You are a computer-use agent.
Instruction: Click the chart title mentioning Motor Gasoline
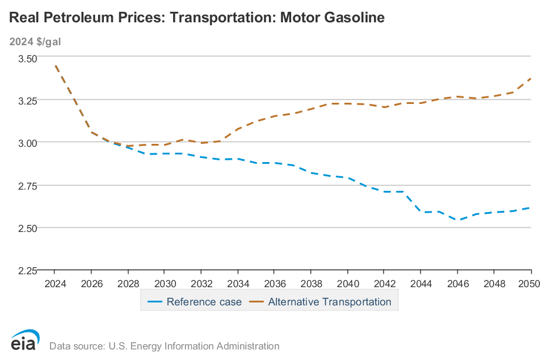(197, 18)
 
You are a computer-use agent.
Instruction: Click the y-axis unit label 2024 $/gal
(35, 42)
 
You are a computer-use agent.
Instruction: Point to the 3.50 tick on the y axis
(27, 58)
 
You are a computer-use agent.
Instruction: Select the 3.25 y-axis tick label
(27, 100)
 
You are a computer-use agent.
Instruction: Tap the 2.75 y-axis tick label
(27, 186)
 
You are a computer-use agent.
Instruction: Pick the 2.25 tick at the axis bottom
(27, 270)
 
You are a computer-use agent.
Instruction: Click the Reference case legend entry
(204, 302)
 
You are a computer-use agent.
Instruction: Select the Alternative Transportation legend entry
(329, 302)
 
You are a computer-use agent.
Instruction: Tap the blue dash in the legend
(154, 302)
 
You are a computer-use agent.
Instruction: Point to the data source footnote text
(164, 346)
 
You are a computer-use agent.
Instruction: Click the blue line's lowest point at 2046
(458, 220)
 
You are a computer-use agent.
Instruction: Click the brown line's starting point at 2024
(55, 66)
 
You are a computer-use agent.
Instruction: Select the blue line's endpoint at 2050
(531, 207)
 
